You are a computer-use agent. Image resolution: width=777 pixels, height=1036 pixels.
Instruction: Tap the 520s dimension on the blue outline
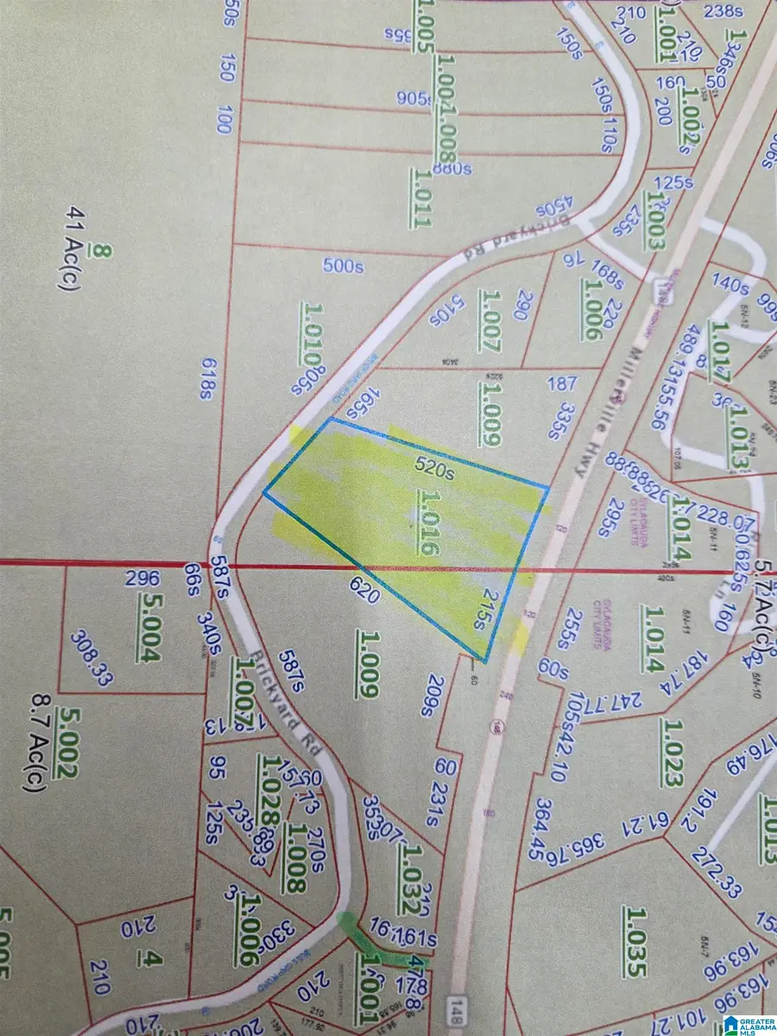pyautogui.click(x=434, y=471)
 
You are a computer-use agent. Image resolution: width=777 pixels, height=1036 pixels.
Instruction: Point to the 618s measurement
pyautogui.click(x=206, y=378)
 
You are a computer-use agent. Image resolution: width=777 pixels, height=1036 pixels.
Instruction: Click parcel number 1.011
pyautogui.click(x=420, y=198)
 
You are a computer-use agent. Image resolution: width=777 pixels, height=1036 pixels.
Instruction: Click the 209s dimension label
pyautogui.click(x=426, y=697)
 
